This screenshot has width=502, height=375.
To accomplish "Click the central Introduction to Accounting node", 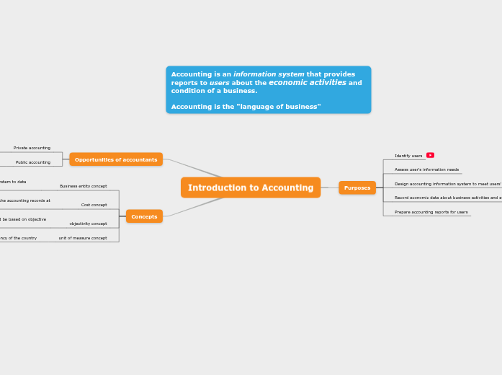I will coord(251,187).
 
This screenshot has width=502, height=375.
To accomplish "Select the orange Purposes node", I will coord(357,187).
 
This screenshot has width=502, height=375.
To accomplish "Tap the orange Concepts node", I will coord(144,216).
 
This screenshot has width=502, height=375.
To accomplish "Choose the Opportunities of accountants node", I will coord(116,159).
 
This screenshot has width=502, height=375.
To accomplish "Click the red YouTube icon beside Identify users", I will coord(430,155).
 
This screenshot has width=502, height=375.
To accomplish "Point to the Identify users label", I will coord(408,156).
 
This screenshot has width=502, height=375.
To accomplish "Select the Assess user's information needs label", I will coord(426,169).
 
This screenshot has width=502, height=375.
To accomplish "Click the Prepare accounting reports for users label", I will coord(431,212).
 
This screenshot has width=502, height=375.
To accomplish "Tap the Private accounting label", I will coord(32,148).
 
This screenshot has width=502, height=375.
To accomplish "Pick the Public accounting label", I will coord(33,162).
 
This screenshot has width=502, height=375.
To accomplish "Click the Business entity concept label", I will coord(83,186).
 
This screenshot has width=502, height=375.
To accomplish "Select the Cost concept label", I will coord(94,205).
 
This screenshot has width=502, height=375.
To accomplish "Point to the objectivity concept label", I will coord(88,224).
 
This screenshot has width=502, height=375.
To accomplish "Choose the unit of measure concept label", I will coord(83,238).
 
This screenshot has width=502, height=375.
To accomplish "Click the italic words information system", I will coord(269,74).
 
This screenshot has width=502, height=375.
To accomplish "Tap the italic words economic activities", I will coord(308,82).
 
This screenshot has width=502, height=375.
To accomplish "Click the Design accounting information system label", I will coord(447,184).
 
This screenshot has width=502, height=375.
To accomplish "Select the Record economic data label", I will coord(447,198).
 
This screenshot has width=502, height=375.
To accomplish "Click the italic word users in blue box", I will coord(220,83).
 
